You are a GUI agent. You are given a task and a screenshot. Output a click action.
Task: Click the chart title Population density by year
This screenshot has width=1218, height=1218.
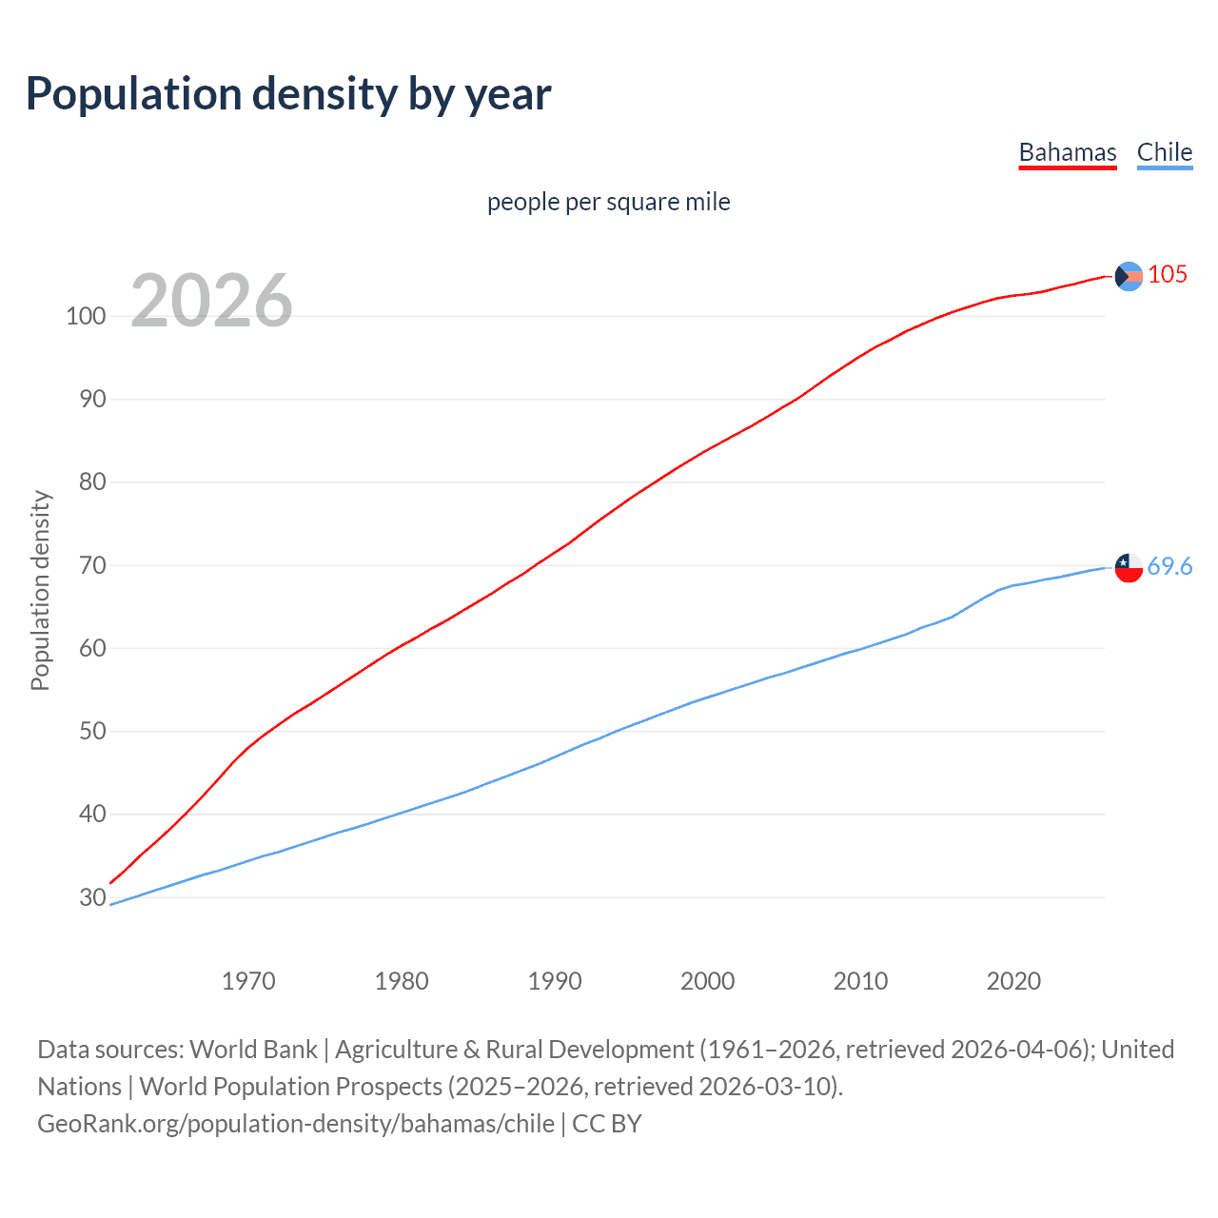pos(288,94)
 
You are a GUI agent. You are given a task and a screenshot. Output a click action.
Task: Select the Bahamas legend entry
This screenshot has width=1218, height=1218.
pos(1067,152)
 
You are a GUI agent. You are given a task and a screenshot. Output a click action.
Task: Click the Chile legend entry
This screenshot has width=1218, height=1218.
pos(1164,152)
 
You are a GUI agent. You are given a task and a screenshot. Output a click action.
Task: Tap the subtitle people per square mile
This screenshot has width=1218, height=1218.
pos(608,202)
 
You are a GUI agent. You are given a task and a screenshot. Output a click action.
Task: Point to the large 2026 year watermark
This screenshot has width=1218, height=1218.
pos(211,301)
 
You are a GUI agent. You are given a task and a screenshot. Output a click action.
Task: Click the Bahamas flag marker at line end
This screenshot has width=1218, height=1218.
pos(1128,276)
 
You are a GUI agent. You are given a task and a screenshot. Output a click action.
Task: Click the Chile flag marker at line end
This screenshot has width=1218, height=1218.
pos(1128,567)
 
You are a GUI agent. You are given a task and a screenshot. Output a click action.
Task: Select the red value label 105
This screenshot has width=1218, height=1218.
pos(1168,274)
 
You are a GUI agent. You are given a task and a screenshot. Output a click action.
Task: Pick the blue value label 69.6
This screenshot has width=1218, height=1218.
pos(1169,566)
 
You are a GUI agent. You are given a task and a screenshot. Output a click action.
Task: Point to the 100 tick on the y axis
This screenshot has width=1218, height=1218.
pos(86,316)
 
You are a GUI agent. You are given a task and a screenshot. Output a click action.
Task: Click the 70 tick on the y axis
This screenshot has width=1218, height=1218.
pos(91,565)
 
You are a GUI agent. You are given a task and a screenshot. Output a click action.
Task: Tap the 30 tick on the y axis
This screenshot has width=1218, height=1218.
pos(91,897)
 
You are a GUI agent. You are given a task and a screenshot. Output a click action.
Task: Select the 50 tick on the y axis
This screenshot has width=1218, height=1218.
pos(91,732)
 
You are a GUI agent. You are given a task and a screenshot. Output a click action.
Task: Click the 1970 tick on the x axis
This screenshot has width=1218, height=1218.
pos(248,981)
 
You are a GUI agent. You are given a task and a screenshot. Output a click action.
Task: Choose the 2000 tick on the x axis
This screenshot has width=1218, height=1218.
pos(707,981)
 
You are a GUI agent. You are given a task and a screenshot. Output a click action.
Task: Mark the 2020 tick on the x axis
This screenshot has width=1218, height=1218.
pos(1013,981)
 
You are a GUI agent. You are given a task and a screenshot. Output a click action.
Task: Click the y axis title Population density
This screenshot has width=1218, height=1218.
pos(40,590)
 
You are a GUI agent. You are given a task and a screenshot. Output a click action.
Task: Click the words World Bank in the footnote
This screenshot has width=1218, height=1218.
pos(253,1050)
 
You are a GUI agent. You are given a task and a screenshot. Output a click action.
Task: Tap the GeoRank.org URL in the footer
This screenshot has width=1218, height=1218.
pos(295,1124)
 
